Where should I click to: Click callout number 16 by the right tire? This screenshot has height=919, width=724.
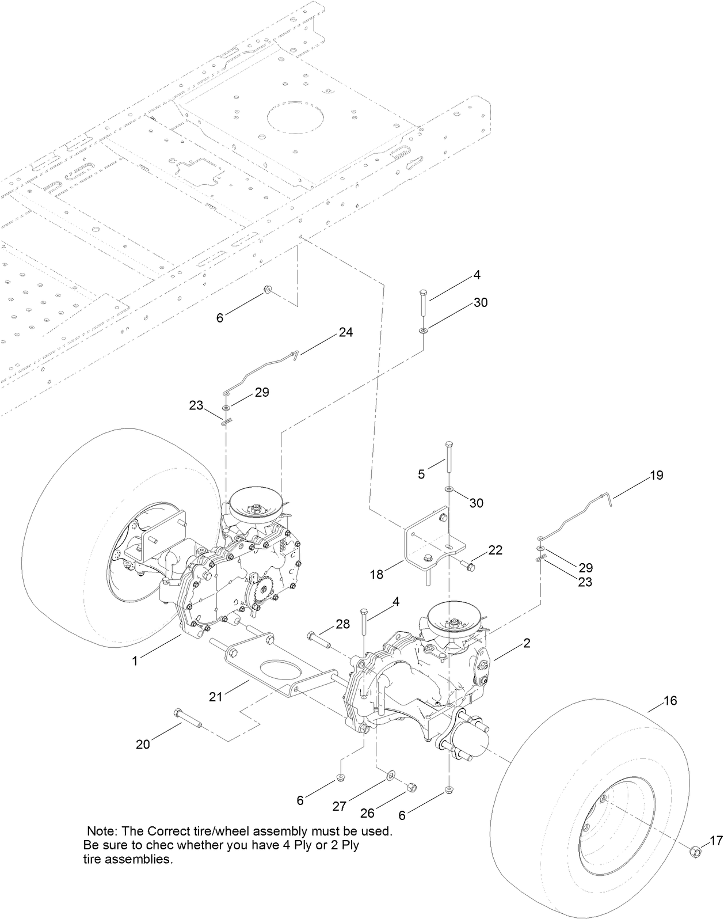click(x=670, y=701)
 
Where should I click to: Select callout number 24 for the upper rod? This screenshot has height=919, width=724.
click(x=345, y=332)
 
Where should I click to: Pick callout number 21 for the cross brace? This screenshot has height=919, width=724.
click(x=216, y=697)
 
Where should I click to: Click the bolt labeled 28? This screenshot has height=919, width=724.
click(x=319, y=640)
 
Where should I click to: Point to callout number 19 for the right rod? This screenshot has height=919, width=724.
click(x=656, y=475)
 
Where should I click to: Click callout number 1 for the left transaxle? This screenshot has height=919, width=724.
click(x=135, y=662)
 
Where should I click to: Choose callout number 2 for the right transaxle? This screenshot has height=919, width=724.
click(x=526, y=643)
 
